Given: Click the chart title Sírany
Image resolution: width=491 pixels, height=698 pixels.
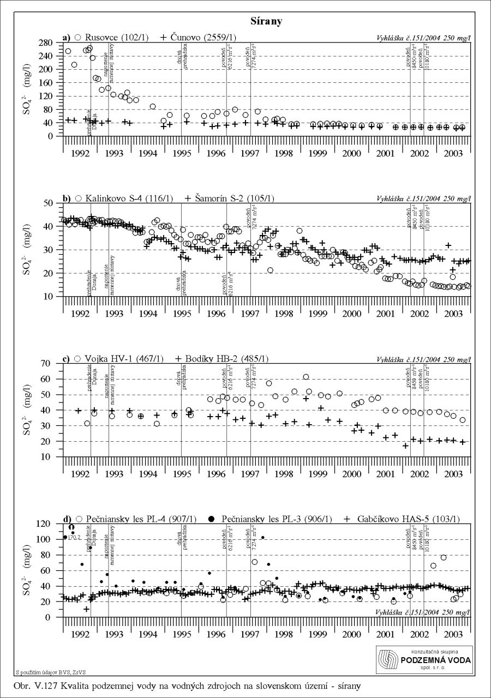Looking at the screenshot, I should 266,22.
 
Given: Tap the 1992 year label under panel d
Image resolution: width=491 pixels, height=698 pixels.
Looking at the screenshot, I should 81,634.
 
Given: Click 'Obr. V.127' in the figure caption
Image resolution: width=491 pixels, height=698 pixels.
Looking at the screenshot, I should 38,683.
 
